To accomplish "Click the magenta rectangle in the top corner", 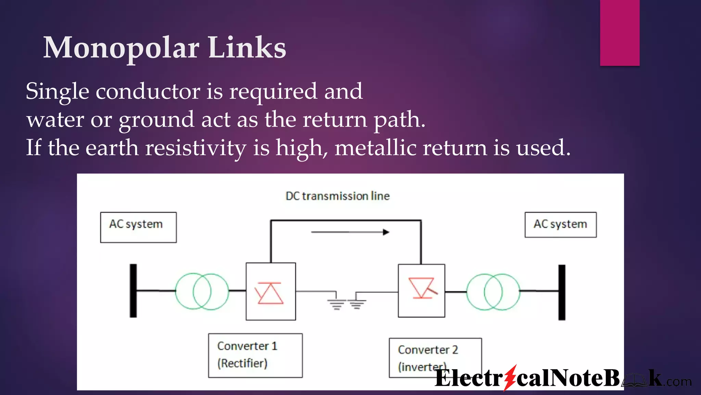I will [620, 33].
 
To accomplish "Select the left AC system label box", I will [138, 227].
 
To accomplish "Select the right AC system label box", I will [560, 225].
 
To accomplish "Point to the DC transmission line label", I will [337, 196].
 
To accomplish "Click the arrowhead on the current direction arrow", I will [386, 232].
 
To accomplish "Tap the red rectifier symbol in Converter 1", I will [269, 293].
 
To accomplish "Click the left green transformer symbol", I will [202, 291].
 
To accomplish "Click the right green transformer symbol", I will [493, 292].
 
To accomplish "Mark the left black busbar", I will [133, 291].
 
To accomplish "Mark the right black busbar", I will [562, 292].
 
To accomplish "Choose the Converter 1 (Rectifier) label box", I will [255, 355].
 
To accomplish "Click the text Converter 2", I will [428, 350].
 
